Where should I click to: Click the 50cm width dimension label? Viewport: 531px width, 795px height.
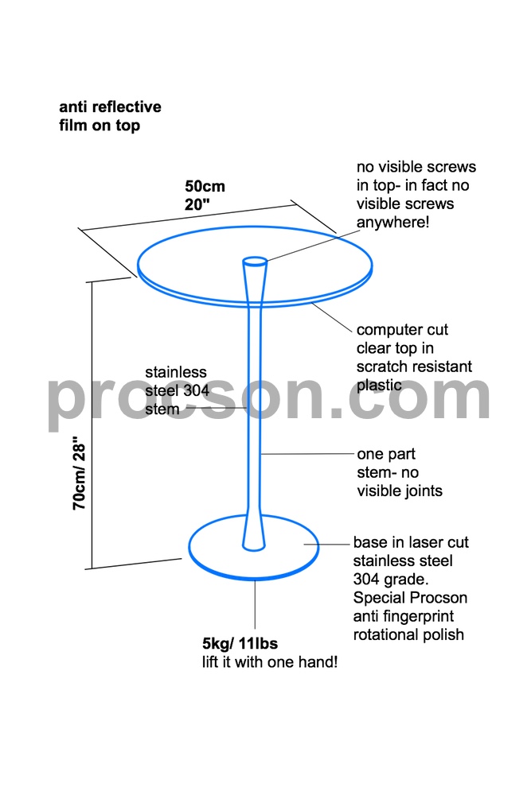click(205, 186)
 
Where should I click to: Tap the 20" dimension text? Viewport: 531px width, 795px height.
click(197, 204)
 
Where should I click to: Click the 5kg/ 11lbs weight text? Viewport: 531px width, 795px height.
click(240, 643)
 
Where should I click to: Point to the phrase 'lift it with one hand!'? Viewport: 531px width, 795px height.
click(270, 661)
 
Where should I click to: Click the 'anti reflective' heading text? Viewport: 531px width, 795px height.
click(110, 107)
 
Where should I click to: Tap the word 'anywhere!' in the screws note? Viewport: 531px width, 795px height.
click(392, 222)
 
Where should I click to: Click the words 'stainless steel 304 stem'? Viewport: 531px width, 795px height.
click(177, 390)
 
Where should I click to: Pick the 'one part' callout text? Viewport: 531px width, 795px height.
click(386, 454)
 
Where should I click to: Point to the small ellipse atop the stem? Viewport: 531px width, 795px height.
click(255, 262)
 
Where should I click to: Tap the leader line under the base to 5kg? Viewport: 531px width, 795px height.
click(255, 605)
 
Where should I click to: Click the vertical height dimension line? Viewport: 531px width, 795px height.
click(92, 425)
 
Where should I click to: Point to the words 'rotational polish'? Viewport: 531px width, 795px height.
click(408, 634)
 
